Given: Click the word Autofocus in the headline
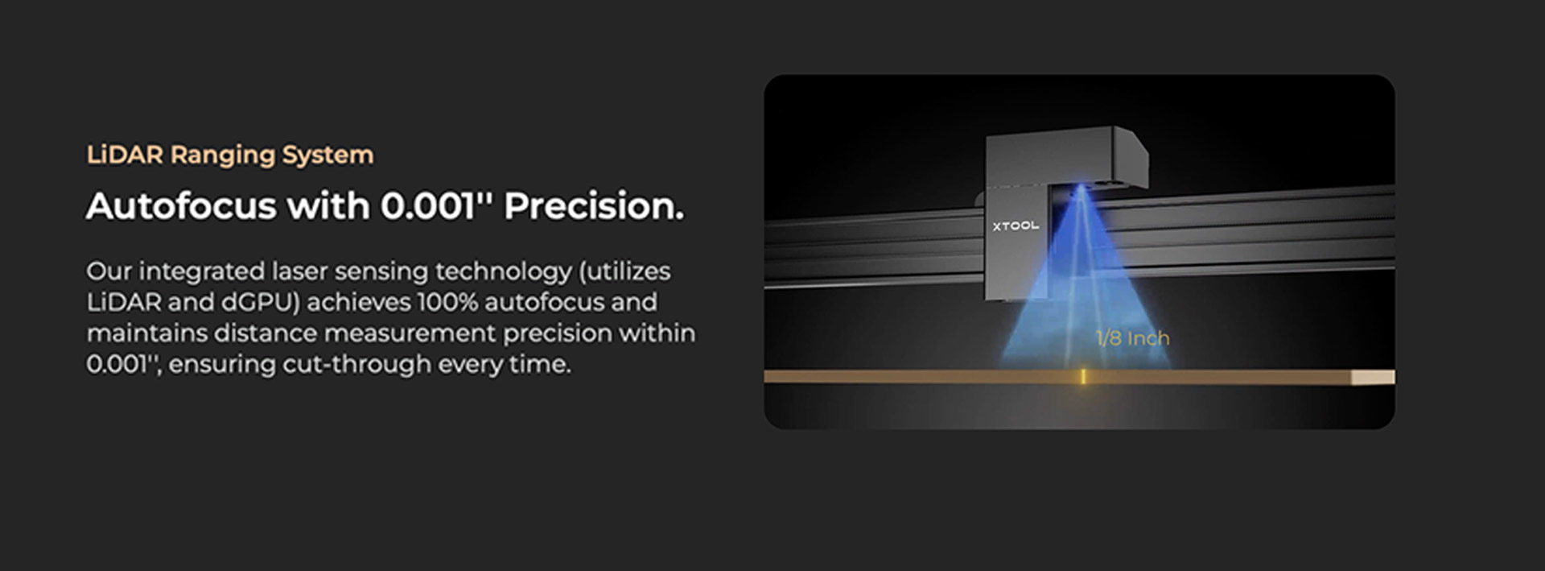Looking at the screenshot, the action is point(181,206).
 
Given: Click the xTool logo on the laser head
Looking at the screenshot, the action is point(1016,226).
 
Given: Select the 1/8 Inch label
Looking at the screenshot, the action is point(1133,338).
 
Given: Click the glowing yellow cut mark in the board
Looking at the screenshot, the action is point(1083,376).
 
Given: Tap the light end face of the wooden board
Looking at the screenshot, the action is point(1373,377).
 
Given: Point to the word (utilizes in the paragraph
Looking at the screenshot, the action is point(624,271).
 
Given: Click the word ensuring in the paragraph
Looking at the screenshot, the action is point(222,364).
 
